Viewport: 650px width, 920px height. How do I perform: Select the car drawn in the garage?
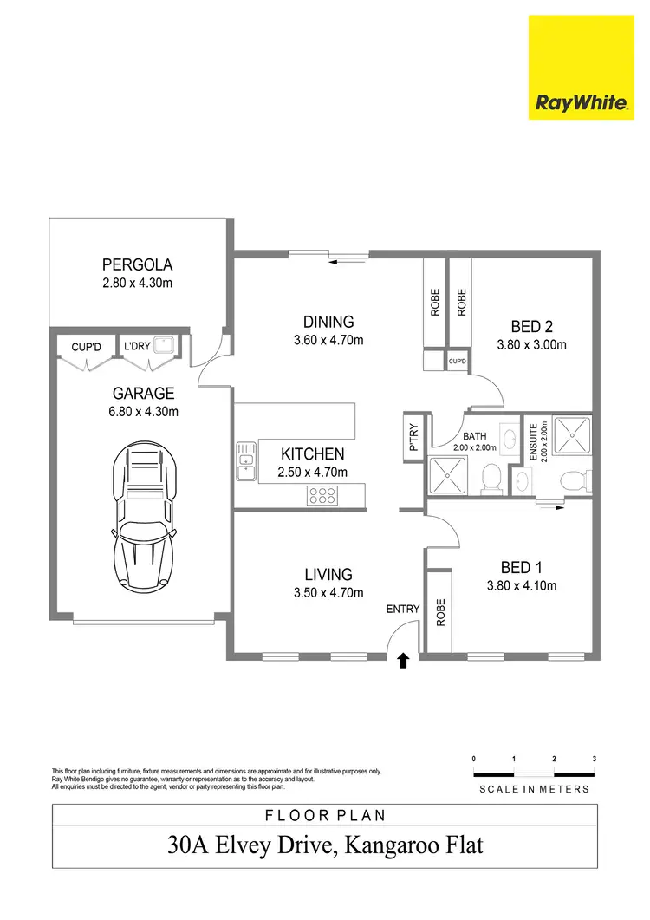click(x=146, y=513)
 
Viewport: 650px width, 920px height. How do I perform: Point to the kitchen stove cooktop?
click(x=322, y=496)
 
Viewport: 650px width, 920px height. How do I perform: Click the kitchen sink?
click(x=245, y=461)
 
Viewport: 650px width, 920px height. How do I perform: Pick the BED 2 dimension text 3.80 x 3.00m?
click(x=531, y=344)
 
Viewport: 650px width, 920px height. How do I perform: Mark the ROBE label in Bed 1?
click(x=440, y=613)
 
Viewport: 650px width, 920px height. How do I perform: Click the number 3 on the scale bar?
click(x=595, y=759)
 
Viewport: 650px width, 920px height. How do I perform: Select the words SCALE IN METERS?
click(x=534, y=789)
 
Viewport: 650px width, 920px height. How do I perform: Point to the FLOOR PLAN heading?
click(x=324, y=815)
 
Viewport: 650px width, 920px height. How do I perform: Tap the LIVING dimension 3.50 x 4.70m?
click(x=328, y=593)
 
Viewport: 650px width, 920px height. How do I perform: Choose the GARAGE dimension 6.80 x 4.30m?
click(x=143, y=412)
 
